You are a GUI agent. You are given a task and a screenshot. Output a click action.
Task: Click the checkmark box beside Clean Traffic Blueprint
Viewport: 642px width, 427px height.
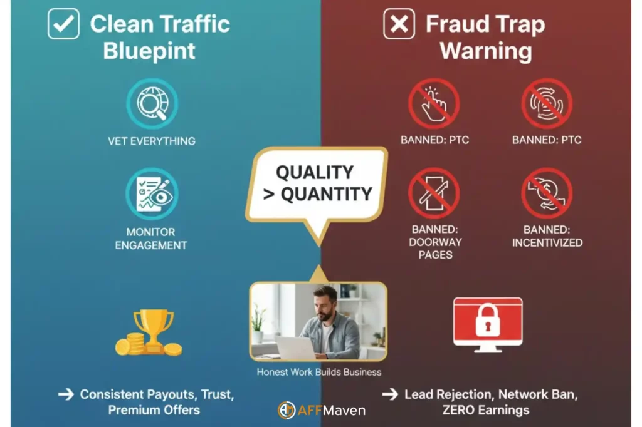point(63,24)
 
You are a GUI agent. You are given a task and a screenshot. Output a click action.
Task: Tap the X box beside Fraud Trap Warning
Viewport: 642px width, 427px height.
point(399,24)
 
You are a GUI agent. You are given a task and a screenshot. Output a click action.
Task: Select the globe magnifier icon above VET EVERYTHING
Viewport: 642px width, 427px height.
point(152,104)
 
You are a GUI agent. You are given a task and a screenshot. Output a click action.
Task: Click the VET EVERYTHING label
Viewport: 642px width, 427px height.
point(151,141)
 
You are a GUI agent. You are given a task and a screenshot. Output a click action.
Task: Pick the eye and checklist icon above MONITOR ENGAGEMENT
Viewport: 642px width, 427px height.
point(152,193)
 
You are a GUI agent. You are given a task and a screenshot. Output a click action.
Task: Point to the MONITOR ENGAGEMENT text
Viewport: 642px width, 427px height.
point(151,239)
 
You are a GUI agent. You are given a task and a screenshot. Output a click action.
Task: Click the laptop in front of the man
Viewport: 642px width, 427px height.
point(295,348)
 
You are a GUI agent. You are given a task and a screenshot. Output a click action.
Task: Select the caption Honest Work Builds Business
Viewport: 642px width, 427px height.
point(318,372)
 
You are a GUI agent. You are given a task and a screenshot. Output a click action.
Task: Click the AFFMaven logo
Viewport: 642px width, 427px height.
point(321,411)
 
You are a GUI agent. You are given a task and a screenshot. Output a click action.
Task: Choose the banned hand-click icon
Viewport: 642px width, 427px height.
point(434,104)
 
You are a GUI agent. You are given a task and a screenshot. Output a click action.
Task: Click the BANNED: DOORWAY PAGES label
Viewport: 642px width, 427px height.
point(435,242)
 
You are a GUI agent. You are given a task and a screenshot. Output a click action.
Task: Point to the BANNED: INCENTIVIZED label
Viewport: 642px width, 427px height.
point(547,236)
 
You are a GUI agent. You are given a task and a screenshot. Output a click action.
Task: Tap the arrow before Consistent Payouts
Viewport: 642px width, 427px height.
point(65,395)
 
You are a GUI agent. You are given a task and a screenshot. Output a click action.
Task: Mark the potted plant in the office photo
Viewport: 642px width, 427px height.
point(258,326)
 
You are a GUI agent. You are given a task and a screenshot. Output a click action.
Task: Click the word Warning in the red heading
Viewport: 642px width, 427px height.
point(485,51)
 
